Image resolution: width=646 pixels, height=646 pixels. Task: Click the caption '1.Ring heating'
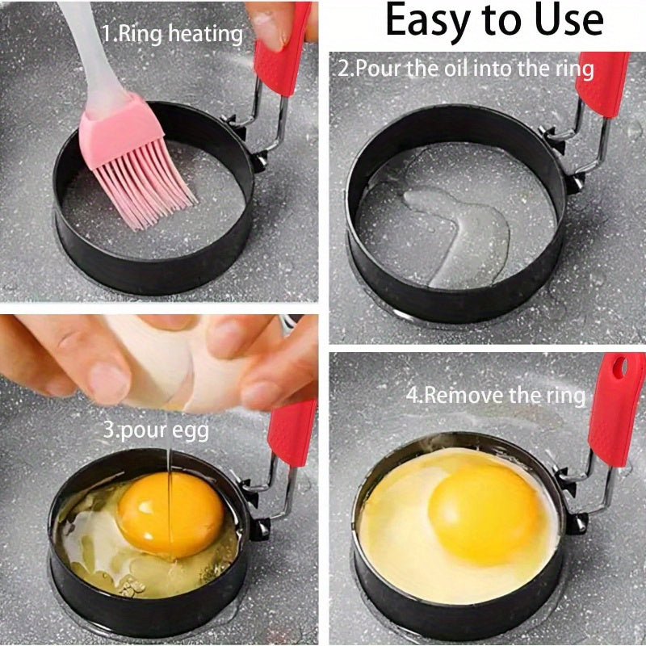(172, 34)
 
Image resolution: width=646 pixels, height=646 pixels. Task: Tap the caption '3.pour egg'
(156, 430)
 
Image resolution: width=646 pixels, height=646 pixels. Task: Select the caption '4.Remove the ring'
(494, 395)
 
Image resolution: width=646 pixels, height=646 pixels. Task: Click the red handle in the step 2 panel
(602, 85)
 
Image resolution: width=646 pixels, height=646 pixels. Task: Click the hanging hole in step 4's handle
(619, 368)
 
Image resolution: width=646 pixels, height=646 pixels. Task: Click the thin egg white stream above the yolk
(170, 468)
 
